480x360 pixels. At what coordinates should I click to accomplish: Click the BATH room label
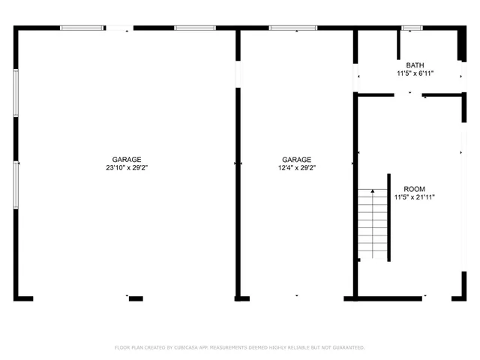click(x=415, y=65)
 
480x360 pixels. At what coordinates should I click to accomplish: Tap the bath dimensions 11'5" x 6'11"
click(x=415, y=73)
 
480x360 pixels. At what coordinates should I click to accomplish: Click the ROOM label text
click(x=415, y=189)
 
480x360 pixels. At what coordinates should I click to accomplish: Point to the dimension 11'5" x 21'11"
click(x=415, y=197)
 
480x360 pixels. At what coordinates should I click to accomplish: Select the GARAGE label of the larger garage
click(x=127, y=160)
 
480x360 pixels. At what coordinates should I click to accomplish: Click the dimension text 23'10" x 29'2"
click(x=127, y=168)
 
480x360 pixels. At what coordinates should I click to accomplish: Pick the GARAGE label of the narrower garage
click(x=297, y=160)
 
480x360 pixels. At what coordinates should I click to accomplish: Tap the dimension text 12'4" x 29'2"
click(x=297, y=168)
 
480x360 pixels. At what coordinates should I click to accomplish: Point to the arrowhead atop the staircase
click(x=371, y=192)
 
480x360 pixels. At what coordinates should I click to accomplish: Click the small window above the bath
click(x=412, y=28)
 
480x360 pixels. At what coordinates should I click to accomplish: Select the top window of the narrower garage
click(x=292, y=28)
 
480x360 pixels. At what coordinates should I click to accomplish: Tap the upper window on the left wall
click(x=16, y=94)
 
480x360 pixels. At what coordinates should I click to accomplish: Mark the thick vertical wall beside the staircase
click(x=388, y=217)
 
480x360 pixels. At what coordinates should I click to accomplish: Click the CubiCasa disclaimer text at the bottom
click(x=239, y=347)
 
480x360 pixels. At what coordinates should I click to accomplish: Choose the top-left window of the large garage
click(x=82, y=28)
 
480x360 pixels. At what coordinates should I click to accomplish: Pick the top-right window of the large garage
click(x=195, y=28)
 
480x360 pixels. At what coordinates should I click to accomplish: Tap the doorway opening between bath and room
click(x=409, y=94)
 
